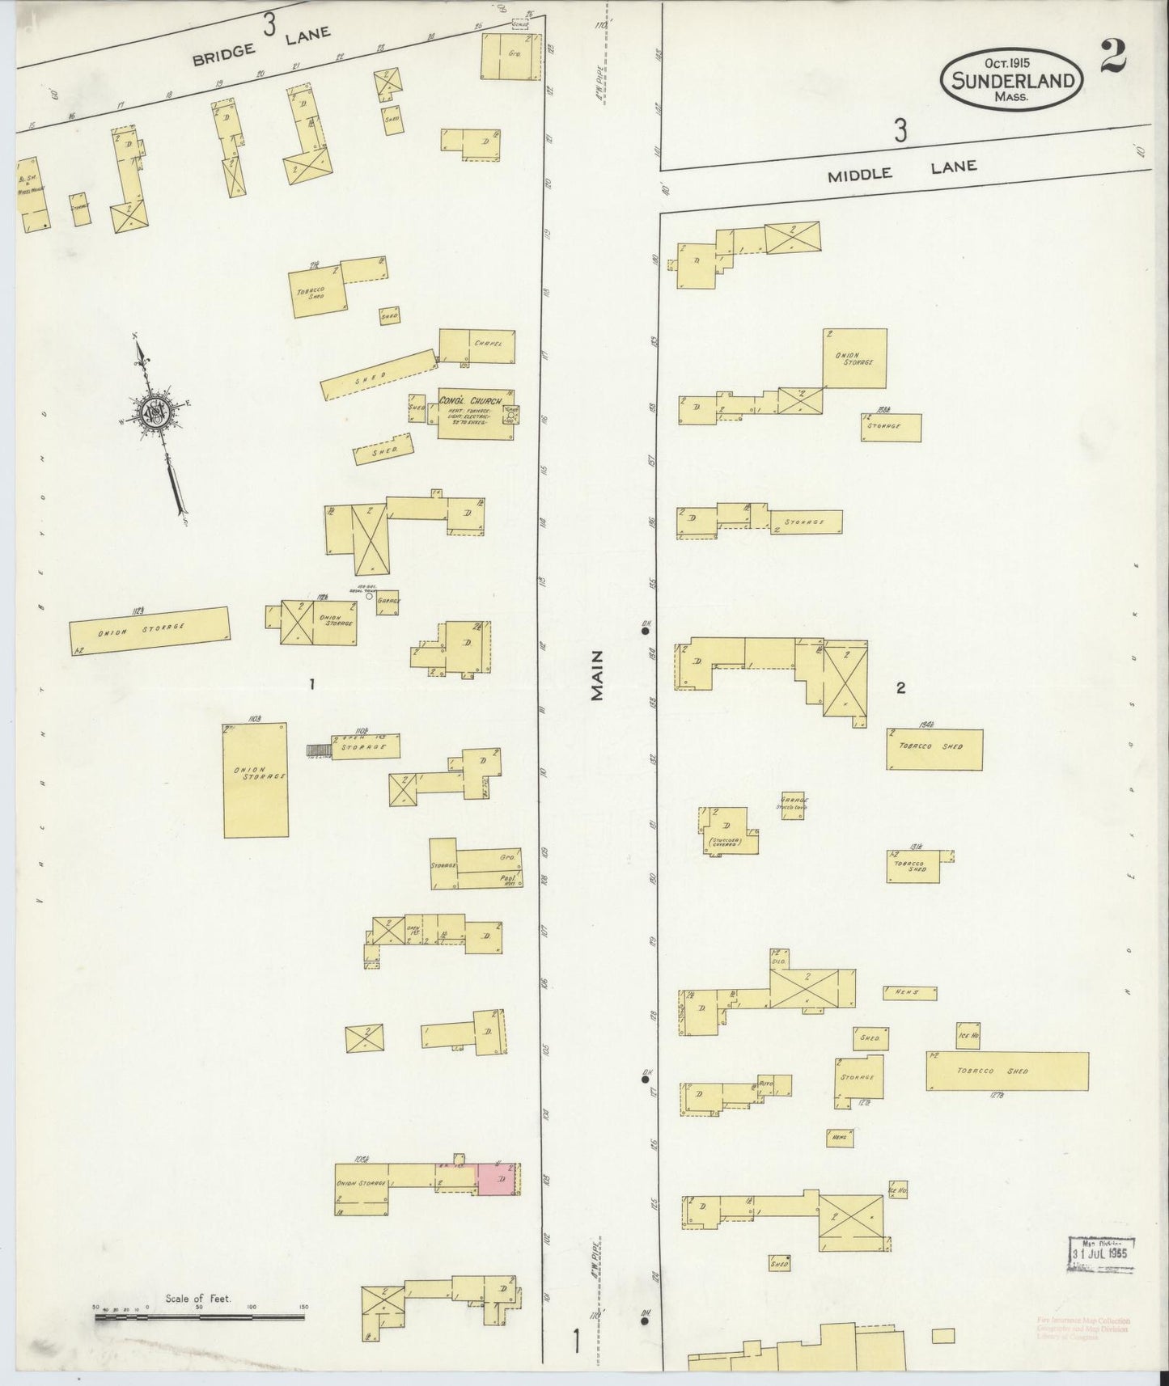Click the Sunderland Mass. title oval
click(1012, 79)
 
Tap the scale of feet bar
click(199, 1317)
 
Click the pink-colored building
click(497, 1180)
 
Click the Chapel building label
click(493, 344)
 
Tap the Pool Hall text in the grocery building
click(508, 881)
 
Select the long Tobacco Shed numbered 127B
click(1006, 1071)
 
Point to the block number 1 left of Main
click(311, 684)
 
